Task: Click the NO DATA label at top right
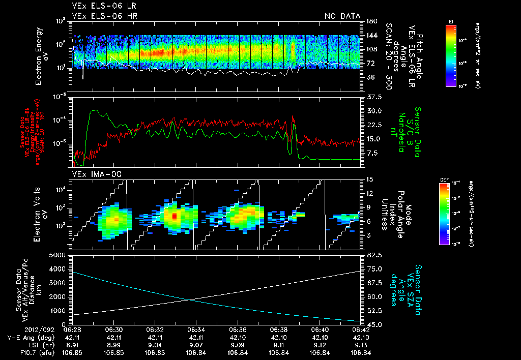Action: pos(342,16)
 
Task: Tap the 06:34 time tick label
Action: pos(196,329)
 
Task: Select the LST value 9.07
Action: pos(196,345)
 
